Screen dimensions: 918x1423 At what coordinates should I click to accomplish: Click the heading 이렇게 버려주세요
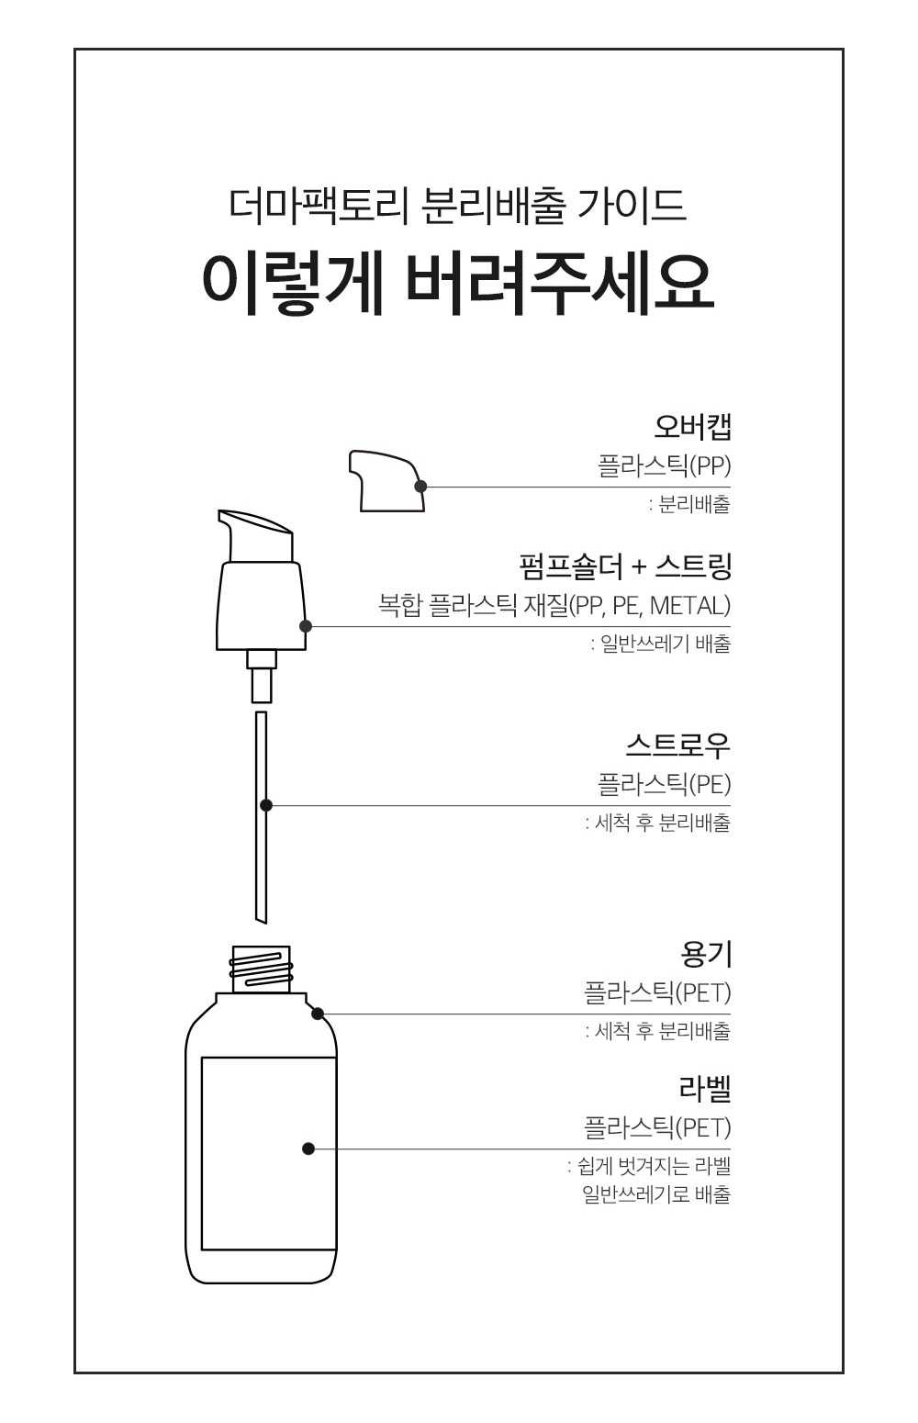(x=458, y=286)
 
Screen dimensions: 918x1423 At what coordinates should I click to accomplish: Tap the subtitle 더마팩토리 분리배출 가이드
(x=458, y=206)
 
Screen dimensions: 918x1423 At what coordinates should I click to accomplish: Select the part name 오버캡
(x=693, y=428)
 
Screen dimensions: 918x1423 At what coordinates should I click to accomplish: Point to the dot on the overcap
(x=420, y=487)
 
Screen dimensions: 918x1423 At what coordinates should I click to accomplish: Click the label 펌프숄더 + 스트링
(x=625, y=566)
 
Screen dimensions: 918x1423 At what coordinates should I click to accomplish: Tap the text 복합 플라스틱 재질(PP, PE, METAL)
(x=554, y=605)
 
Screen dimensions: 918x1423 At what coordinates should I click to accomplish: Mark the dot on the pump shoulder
(x=306, y=626)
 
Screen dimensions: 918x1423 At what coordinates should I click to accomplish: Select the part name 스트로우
(x=677, y=745)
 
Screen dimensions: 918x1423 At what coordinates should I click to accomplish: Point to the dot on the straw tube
(x=266, y=805)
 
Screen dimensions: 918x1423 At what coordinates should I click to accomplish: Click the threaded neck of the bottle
(x=261, y=969)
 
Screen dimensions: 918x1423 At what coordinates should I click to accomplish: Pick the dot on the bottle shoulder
(x=318, y=1014)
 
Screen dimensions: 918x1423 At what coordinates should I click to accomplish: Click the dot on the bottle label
(x=308, y=1148)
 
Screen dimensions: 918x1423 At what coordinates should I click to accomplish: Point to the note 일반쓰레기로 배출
(x=657, y=1194)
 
